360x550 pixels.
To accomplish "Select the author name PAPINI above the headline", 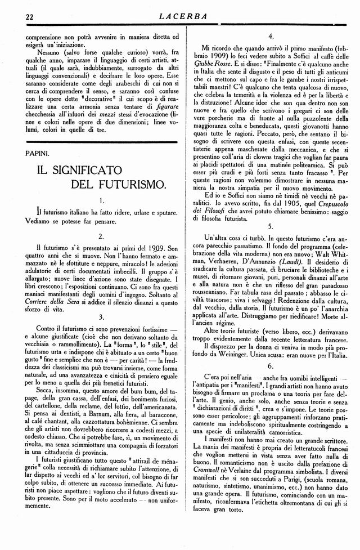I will pos(30,152).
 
